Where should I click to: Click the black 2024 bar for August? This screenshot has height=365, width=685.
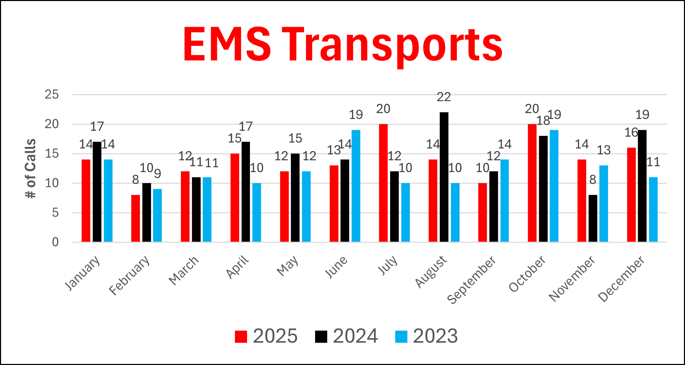(x=444, y=177)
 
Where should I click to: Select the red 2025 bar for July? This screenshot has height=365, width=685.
(x=383, y=183)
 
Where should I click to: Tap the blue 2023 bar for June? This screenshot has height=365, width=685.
(x=356, y=186)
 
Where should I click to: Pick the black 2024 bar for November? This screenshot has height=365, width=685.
(x=593, y=218)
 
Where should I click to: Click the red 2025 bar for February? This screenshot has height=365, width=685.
(x=135, y=218)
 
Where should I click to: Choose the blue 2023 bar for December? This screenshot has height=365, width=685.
(x=653, y=210)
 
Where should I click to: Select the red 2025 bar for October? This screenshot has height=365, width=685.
(x=532, y=183)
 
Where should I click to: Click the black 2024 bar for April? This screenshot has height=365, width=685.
(x=246, y=192)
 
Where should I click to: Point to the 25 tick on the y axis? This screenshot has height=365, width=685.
(x=52, y=94)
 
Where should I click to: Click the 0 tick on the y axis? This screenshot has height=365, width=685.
(x=55, y=242)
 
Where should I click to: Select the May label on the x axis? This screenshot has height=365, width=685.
(x=288, y=266)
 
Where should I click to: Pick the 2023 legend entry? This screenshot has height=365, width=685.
(x=426, y=336)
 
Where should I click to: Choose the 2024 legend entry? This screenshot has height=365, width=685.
(x=346, y=336)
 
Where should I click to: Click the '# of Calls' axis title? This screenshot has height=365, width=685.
(x=31, y=168)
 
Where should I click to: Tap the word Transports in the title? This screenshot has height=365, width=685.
(x=392, y=45)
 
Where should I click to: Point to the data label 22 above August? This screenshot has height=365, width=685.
(x=444, y=97)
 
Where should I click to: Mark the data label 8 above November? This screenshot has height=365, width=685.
(x=593, y=180)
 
